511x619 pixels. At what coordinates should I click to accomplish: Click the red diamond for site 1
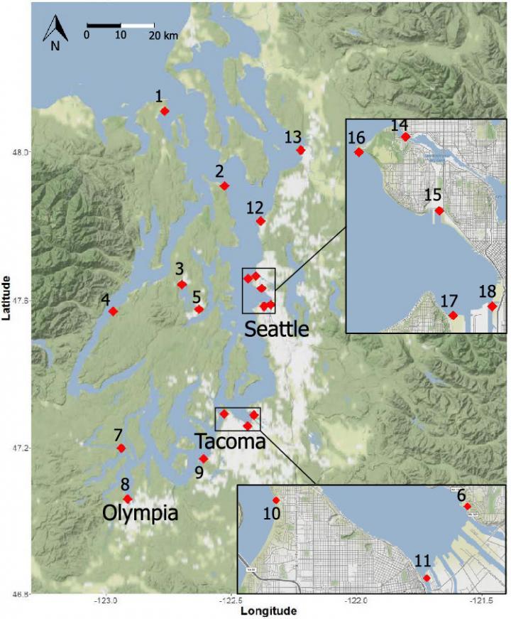[x=165, y=111]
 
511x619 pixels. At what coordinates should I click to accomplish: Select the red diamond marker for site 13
[x=301, y=150]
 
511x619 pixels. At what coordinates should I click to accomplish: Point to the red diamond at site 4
[x=113, y=311]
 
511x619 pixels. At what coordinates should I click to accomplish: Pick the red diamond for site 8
[x=128, y=499]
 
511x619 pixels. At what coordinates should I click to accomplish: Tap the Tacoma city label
[x=231, y=442]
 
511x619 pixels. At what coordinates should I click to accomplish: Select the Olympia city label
[x=140, y=512]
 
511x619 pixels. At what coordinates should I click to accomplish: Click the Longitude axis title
[x=268, y=611]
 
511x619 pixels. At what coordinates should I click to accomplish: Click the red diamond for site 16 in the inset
[x=359, y=151]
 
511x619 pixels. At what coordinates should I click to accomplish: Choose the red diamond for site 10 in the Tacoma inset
[x=276, y=500]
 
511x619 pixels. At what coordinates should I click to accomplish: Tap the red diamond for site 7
[x=121, y=448]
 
